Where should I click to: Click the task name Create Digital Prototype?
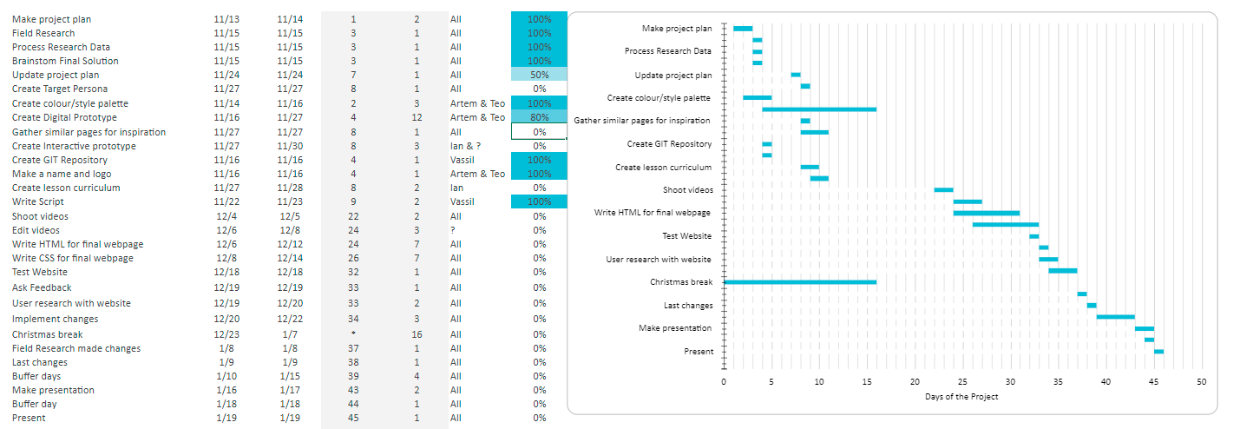[x=64, y=117]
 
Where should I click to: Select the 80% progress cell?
[x=539, y=117]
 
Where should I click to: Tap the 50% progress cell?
[x=539, y=75]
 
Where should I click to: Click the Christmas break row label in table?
[x=48, y=334]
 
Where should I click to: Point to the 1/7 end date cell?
[x=289, y=334]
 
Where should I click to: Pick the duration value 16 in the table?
[x=417, y=334]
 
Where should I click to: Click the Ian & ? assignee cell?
[x=465, y=146]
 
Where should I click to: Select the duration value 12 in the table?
[x=417, y=117]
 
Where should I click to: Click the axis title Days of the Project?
[x=961, y=397]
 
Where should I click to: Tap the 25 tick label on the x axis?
[x=962, y=382]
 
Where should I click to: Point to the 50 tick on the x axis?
[x=1201, y=382]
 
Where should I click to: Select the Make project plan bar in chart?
[x=743, y=29]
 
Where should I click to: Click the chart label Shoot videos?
[x=687, y=189]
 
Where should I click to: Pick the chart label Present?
[x=699, y=352]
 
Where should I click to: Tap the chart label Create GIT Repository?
[x=669, y=143]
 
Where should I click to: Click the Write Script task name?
[x=38, y=201]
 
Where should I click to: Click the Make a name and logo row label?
[x=62, y=174]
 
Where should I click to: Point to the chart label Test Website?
[x=686, y=235]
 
